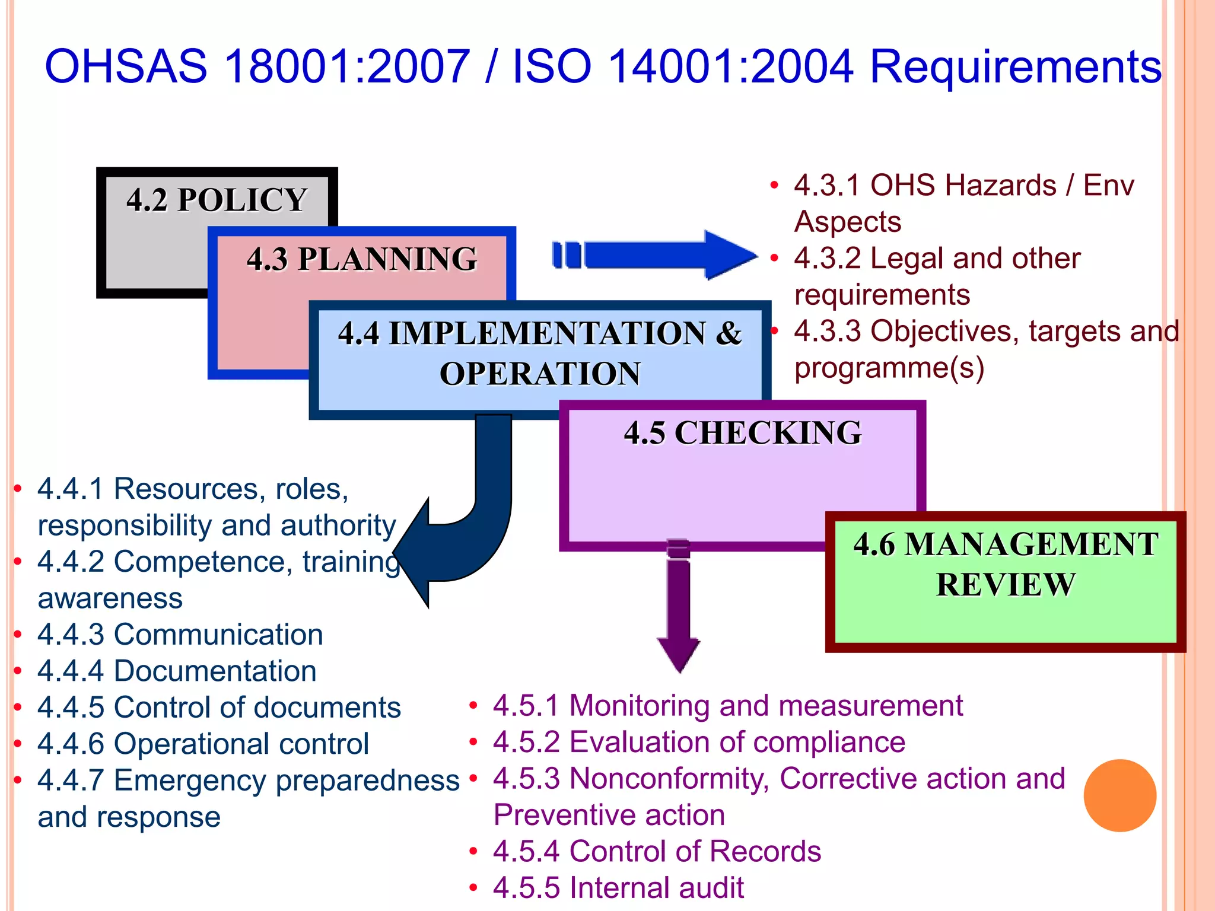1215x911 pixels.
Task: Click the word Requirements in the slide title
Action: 1014,66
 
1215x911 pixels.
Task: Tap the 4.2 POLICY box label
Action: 217,200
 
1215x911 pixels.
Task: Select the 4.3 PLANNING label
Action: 362,259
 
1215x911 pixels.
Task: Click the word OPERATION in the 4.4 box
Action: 540,374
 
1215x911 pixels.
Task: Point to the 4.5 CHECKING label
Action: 743,432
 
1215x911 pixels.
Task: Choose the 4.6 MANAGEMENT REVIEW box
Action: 1006,581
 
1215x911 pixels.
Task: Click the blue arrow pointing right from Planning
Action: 653,255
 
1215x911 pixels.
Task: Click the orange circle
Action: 1119,795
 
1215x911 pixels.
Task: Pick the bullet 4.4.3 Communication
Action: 180,635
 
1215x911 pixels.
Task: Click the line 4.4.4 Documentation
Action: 176,671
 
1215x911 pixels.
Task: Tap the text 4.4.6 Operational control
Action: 203,744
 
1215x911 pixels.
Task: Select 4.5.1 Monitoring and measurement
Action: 727,706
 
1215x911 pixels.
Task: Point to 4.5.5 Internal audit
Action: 618,888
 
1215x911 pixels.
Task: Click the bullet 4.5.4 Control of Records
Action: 657,852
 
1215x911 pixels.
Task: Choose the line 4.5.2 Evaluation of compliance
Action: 699,742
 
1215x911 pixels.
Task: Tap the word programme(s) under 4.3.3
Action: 889,368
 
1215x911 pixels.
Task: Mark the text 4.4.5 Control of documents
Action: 219,708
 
